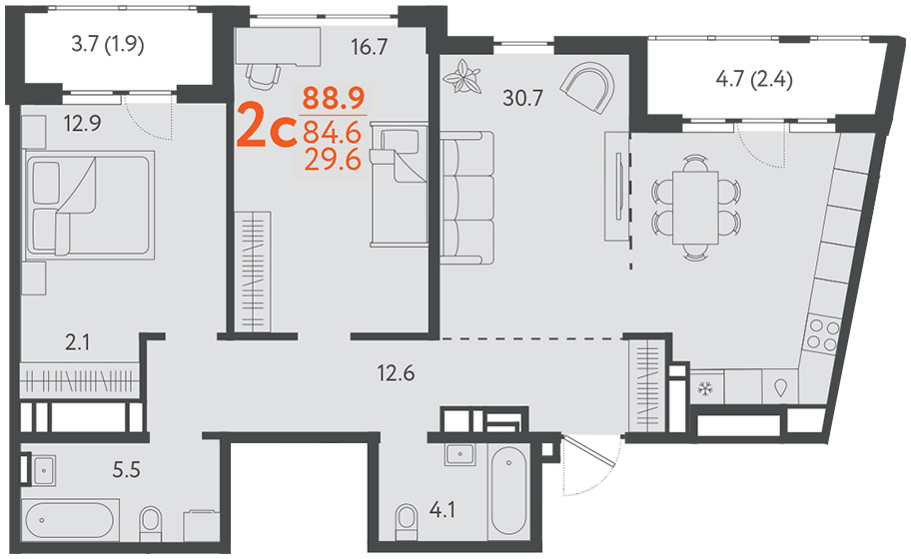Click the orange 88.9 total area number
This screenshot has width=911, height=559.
334,98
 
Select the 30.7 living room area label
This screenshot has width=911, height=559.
522,99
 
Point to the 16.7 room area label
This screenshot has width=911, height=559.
369,47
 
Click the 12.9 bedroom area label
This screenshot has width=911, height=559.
83,124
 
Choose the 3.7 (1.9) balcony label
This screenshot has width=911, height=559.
108,44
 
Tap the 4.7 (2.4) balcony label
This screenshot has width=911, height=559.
754,79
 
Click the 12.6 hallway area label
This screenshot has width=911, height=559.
396,373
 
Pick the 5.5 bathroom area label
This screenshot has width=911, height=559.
127,469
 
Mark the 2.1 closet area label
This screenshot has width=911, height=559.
77,342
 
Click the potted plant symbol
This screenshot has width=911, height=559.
461,77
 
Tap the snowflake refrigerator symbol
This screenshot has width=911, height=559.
706,388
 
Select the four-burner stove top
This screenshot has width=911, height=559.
821,335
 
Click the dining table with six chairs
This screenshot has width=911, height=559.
695,208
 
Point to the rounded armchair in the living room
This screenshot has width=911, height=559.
588,88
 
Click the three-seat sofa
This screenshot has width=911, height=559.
466,198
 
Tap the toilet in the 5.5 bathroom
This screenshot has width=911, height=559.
151,524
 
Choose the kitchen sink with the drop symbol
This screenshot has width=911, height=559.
780,387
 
